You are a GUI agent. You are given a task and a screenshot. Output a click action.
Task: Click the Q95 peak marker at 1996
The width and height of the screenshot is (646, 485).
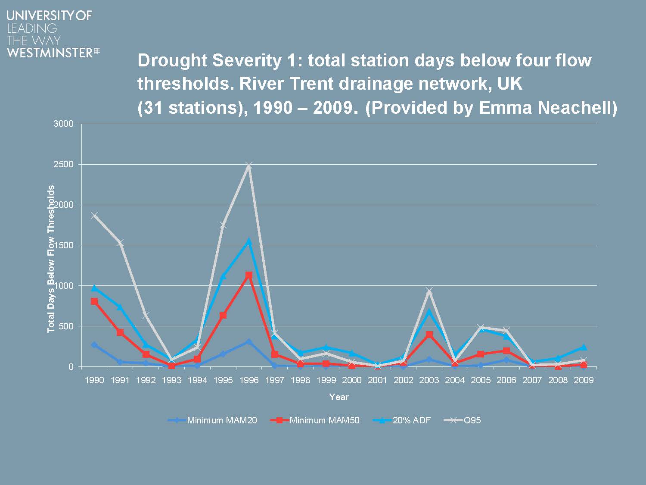click(249, 165)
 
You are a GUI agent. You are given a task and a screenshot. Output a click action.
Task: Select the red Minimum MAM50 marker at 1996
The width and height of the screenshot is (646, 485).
click(249, 275)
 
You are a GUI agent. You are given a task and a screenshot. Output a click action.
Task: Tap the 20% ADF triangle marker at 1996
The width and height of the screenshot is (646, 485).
click(249, 241)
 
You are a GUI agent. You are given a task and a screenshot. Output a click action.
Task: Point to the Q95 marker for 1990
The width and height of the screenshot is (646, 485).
click(94, 216)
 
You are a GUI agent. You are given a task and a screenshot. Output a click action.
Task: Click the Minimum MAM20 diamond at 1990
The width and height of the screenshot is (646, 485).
click(94, 345)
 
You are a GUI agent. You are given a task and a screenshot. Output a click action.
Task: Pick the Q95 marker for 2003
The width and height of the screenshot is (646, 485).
click(429, 291)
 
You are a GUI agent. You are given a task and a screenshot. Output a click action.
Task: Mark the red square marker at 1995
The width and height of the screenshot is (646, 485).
click(223, 316)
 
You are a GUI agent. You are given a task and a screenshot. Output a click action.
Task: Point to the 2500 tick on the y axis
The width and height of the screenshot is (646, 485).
click(63, 165)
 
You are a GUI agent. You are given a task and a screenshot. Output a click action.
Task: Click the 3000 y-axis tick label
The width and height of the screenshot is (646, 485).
click(63, 124)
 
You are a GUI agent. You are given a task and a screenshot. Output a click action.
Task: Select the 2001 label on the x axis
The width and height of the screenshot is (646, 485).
click(378, 380)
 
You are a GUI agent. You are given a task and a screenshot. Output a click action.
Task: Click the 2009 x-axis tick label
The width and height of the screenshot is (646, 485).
click(584, 380)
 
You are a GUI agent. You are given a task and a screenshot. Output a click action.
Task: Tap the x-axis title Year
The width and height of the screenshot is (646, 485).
click(339, 397)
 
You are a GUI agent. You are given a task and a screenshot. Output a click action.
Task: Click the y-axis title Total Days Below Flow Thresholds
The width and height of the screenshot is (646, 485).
click(51, 259)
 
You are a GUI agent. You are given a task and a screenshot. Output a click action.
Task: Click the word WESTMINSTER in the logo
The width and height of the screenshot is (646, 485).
click(50, 53)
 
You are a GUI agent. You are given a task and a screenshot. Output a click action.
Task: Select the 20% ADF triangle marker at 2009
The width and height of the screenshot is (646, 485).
click(584, 347)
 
